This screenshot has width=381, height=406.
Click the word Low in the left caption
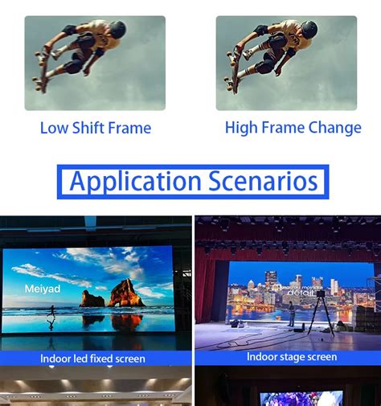54,128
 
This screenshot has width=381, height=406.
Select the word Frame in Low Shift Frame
130,128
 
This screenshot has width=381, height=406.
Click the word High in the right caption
241,128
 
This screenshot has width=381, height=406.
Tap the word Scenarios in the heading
263,181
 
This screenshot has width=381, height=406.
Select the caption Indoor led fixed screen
93,358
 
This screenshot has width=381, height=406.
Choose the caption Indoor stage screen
291,356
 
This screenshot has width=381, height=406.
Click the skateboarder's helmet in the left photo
117,30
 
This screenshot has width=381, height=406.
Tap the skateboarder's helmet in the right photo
309,30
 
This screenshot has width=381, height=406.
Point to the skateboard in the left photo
42,68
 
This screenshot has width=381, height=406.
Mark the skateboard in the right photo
234,68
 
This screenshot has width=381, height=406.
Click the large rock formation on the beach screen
126,293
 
